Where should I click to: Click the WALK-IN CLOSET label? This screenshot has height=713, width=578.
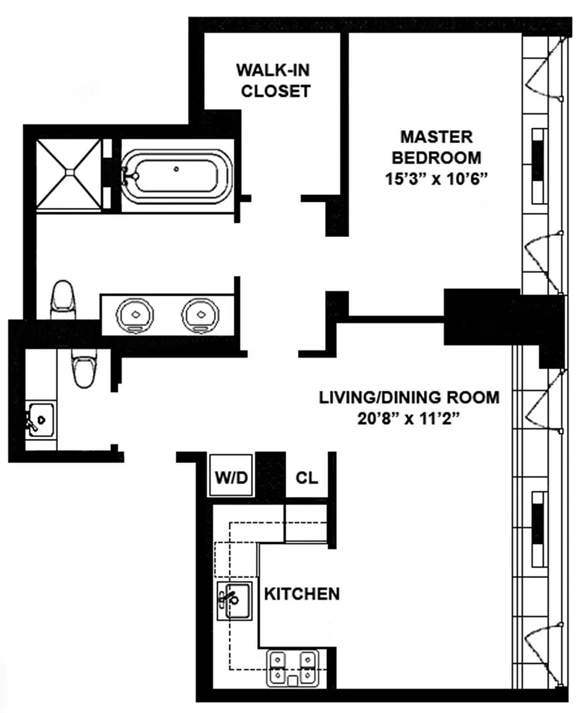pos(273,80)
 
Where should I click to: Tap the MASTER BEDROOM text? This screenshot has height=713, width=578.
pos(436,147)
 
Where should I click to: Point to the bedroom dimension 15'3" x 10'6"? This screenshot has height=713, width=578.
pos(436,179)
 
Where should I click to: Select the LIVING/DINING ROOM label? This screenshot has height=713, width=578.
pos(409,397)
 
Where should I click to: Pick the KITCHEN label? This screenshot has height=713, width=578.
pos(302,594)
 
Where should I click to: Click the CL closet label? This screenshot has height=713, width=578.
pos(307,477)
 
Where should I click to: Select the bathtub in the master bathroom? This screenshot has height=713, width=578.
pos(177,176)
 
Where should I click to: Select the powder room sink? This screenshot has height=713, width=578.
pos(41,420)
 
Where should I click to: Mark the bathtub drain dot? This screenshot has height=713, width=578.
pos(176,169)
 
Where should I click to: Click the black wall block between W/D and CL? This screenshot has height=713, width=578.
pos(271,475)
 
